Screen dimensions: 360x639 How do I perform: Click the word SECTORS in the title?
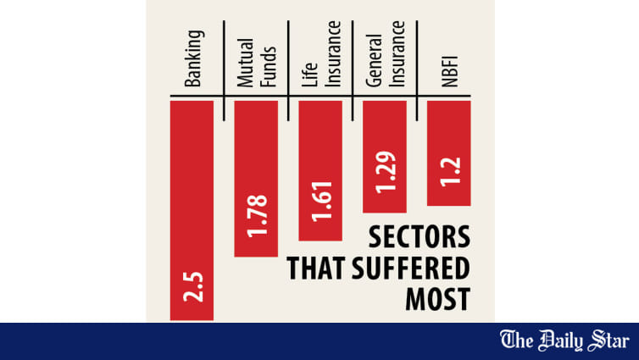pos(419,238)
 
